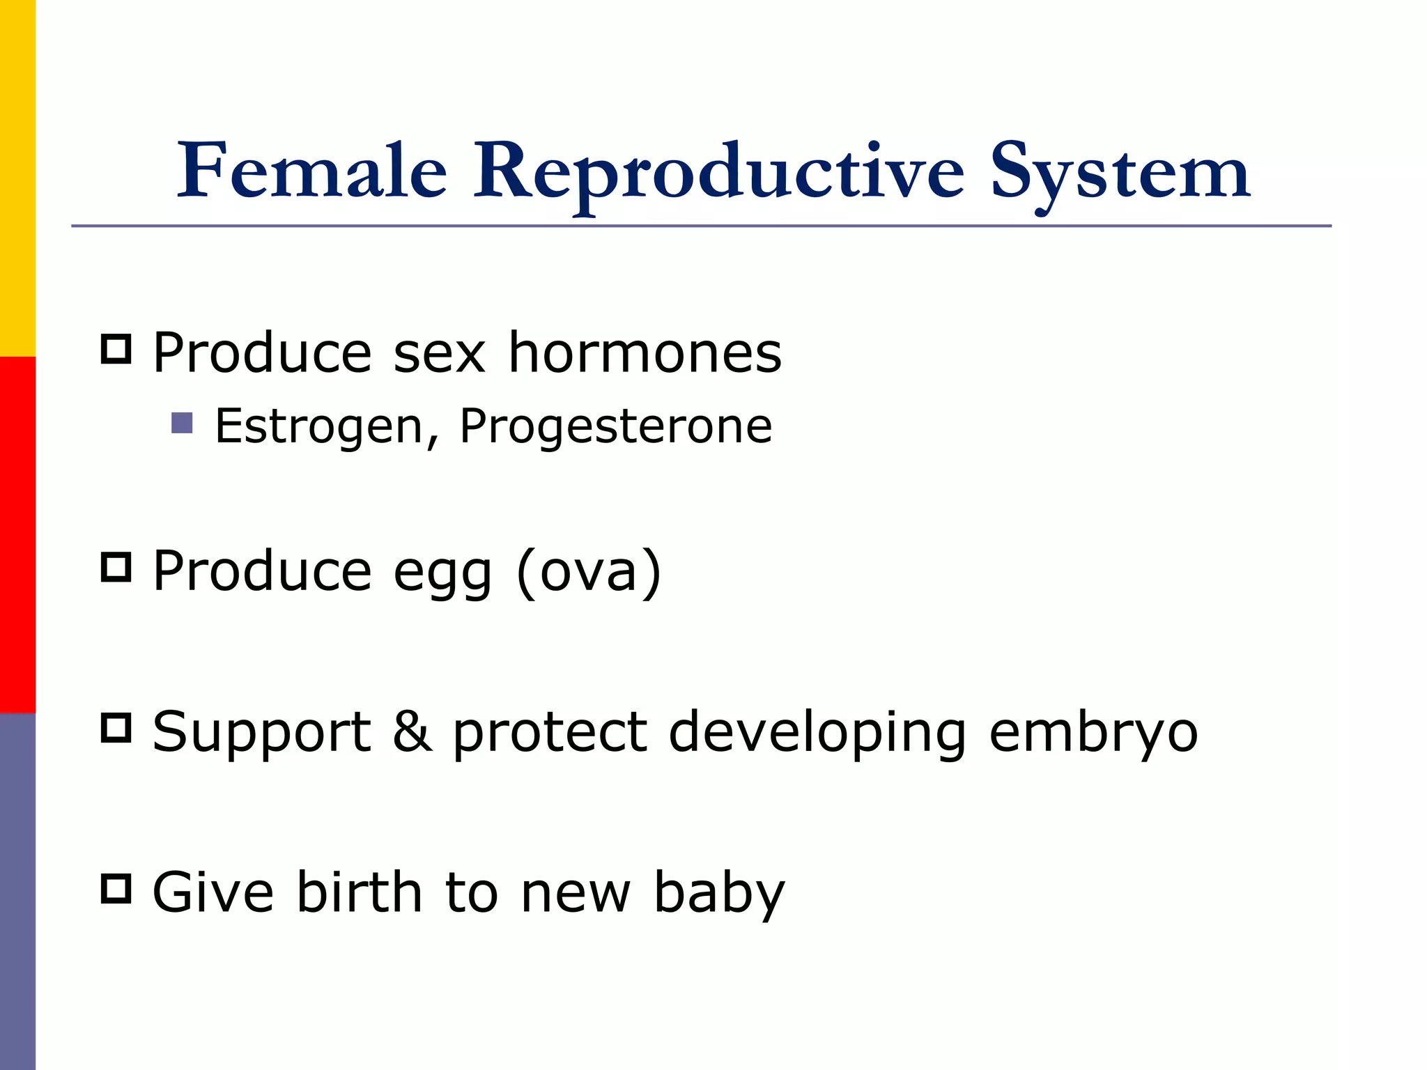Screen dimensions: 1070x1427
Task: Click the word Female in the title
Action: point(311,171)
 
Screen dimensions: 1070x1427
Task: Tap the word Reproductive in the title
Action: point(718,173)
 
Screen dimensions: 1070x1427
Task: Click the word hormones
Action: point(645,352)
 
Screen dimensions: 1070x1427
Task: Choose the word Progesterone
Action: point(615,426)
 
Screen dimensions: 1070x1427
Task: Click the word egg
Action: point(442,573)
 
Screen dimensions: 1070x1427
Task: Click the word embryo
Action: point(1093,734)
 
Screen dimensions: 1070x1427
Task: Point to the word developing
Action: point(817,734)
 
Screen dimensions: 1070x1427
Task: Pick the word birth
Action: point(359,892)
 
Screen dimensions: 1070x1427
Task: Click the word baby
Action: point(718,894)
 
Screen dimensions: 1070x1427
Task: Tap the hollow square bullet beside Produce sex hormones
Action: point(116,349)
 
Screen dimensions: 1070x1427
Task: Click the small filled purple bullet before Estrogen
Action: point(182,423)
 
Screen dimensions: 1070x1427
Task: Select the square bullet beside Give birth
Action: point(116,889)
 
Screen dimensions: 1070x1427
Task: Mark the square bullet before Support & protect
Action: point(116,728)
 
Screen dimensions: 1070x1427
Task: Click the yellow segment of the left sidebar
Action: point(17,178)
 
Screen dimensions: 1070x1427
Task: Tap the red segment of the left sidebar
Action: point(17,535)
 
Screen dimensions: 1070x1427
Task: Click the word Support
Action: point(262,734)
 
